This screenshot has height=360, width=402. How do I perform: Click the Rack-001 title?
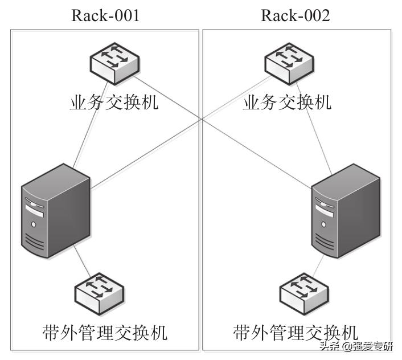pos(105,15)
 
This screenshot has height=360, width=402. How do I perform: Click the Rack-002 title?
pos(295,15)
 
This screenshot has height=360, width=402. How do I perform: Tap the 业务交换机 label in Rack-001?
pos(114,103)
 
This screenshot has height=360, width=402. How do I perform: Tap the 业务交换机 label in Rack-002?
pos(287,103)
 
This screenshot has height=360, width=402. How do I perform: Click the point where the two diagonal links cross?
pos(203,119)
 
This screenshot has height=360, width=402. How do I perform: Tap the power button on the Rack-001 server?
pos(33,224)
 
